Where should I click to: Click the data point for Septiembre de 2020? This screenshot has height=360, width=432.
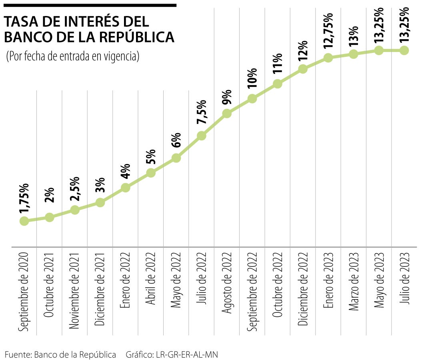pyautogui.click(x=24, y=221)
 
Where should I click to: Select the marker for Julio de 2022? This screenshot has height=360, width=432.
pyautogui.click(x=202, y=136)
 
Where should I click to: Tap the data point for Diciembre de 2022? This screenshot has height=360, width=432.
pyautogui.click(x=303, y=69)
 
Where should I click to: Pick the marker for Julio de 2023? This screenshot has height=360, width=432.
pyautogui.click(x=404, y=50)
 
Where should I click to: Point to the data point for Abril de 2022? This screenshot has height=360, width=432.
pyautogui.click(x=151, y=173)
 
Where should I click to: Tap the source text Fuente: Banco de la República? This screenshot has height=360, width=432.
pyautogui.click(x=60, y=354)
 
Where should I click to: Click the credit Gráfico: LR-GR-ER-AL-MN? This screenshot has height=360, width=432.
pyautogui.click(x=172, y=354)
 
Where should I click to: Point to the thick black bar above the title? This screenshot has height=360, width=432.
pyautogui.click(x=90, y=5)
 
